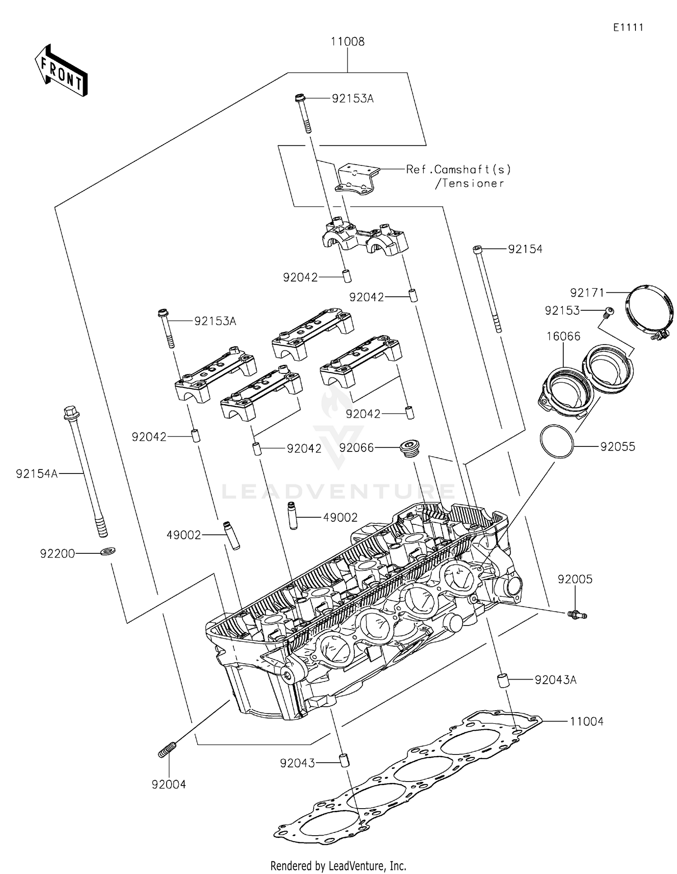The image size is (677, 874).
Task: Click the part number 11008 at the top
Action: pyautogui.click(x=348, y=42)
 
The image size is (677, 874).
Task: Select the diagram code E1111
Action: pyautogui.click(x=628, y=28)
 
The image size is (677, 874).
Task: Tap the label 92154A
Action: pyautogui.click(x=37, y=474)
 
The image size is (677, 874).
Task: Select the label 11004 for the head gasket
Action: pyautogui.click(x=586, y=722)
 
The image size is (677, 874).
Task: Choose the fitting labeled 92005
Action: pyautogui.click(x=577, y=614)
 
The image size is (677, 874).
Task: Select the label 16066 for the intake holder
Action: pyautogui.click(x=563, y=336)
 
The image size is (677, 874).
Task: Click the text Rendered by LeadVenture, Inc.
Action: pyautogui.click(x=338, y=865)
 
